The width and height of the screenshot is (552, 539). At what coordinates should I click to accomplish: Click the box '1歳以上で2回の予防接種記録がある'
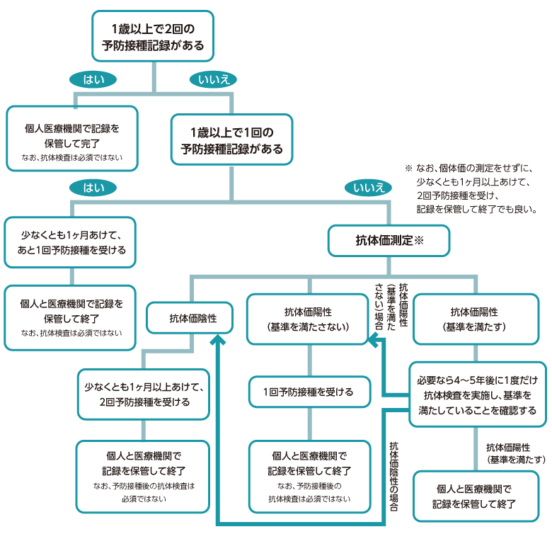153,36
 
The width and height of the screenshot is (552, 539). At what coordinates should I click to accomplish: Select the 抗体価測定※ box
389,241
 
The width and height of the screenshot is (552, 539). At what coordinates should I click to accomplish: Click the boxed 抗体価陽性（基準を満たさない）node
308,319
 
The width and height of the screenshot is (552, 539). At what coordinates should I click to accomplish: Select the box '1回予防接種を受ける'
308,392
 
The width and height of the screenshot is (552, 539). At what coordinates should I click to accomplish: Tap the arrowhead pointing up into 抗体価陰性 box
218,341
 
